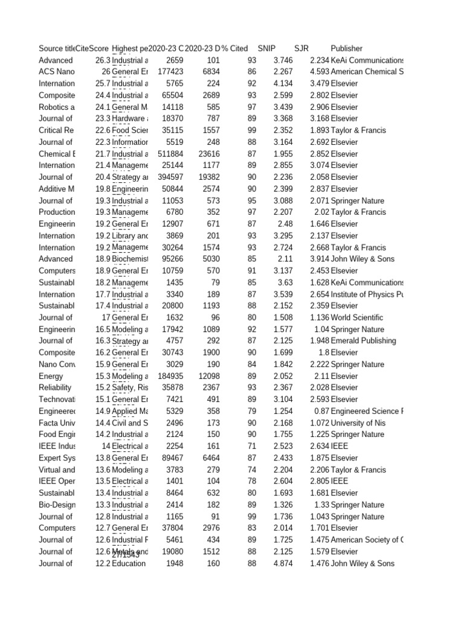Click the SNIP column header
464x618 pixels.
[x=266, y=48]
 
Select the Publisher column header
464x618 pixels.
[x=347, y=48]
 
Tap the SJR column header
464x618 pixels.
[x=301, y=48]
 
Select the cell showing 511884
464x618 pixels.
[x=167, y=154]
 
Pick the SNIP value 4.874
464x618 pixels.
[x=283, y=564]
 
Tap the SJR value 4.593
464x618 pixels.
[x=319, y=72]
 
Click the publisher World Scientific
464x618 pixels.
[x=357, y=317]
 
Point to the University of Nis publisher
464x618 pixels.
[x=358, y=423]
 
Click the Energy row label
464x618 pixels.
[x=51, y=376]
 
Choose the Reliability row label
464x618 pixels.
[x=55, y=387]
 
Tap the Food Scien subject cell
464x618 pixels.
[x=130, y=130]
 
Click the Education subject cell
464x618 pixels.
[x=129, y=564]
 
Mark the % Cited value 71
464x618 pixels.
[x=252, y=447]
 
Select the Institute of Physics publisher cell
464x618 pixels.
[x=367, y=295]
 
